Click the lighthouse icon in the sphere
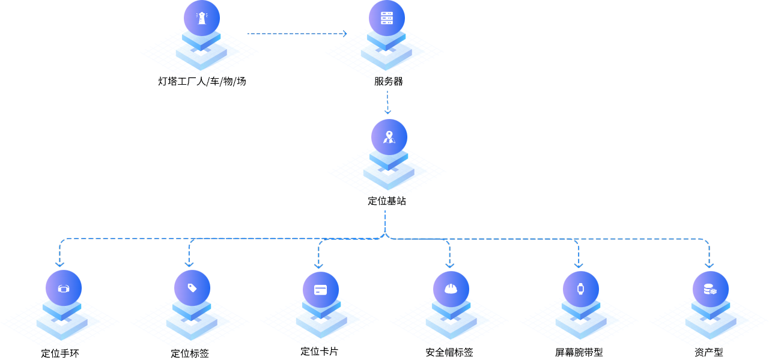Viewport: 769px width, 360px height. point(202,18)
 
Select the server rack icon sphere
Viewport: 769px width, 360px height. point(387,18)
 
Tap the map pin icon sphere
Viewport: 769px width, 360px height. point(389,137)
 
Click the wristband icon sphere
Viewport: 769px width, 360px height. point(64,288)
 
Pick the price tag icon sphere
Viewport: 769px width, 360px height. point(192,288)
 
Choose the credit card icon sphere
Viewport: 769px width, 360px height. point(321,290)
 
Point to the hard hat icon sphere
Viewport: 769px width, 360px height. point(451,289)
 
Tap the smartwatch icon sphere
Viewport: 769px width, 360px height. point(581,289)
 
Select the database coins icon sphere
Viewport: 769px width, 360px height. point(711,289)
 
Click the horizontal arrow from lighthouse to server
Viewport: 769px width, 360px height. point(297,34)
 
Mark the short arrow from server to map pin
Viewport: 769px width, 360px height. point(388,102)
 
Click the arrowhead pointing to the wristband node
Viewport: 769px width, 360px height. point(59,263)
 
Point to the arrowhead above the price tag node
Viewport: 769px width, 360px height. point(189,263)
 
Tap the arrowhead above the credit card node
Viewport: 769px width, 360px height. point(318,264)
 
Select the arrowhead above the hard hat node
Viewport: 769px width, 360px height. point(449,264)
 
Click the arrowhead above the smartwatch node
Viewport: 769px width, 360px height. point(578,264)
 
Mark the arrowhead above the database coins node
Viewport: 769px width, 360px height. point(709,264)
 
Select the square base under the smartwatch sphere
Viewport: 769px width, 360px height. point(580,325)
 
